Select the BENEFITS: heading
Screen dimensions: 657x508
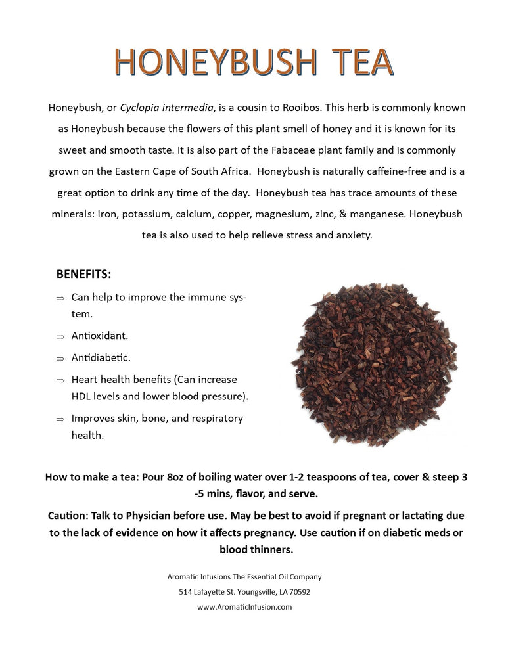[x=83, y=273]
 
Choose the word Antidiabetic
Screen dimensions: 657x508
[x=101, y=358]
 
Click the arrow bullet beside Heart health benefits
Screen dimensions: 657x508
[x=60, y=380]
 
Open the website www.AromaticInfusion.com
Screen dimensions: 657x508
[x=244, y=607]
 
